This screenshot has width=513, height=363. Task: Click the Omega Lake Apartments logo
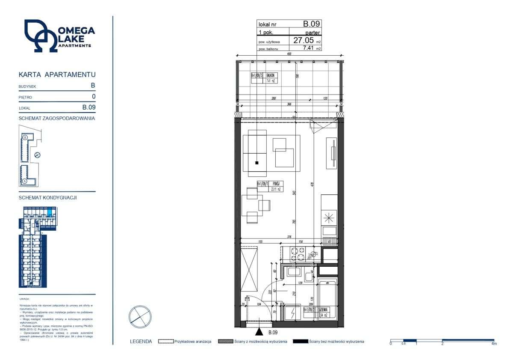coord(59,36)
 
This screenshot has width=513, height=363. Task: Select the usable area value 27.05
coord(303,40)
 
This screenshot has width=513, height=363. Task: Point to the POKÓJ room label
coord(276,184)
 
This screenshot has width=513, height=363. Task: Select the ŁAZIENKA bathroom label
coord(323,309)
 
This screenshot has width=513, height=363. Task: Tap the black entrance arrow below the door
coord(259,332)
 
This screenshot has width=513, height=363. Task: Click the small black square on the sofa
coord(256,163)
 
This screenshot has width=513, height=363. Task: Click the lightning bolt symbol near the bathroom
coord(293,312)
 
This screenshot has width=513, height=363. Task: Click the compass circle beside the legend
coord(140,317)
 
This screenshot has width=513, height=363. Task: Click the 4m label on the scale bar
coord(494,344)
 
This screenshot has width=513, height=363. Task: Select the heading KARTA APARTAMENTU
coord(57,74)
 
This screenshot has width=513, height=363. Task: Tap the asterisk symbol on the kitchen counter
coord(329,217)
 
